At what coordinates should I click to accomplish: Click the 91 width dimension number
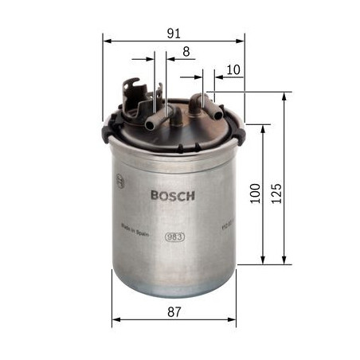point(174,33)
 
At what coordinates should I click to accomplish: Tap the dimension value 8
point(186,52)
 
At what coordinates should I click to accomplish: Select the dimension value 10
point(233,70)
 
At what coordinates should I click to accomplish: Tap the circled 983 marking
point(174,235)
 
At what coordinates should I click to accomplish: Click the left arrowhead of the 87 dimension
point(115,321)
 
